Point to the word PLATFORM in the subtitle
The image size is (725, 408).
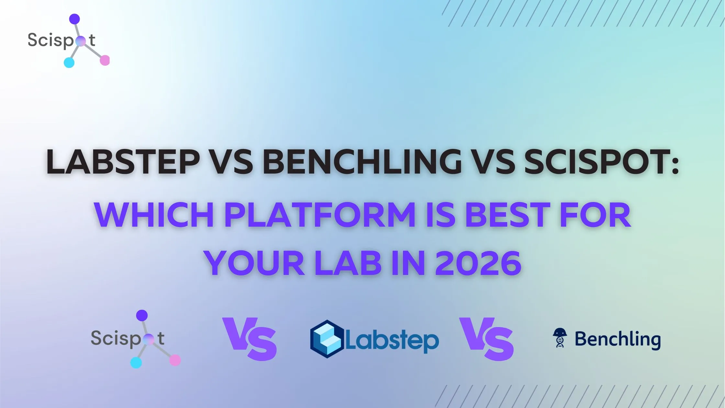click(320, 215)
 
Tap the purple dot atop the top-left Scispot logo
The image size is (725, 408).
click(74, 19)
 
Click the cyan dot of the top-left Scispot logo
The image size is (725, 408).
click(69, 62)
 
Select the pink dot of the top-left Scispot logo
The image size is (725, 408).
click(105, 60)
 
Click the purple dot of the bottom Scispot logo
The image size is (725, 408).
click(142, 315)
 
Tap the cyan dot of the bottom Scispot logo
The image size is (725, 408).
click(136, 363)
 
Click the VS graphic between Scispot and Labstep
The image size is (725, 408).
click(250, 338)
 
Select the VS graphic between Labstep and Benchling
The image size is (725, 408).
click(486, 338)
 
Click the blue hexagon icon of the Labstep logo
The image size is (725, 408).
click(327, 339)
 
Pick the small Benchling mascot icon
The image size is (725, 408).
click(560, 338)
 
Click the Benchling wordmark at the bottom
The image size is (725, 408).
click(618, 339)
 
